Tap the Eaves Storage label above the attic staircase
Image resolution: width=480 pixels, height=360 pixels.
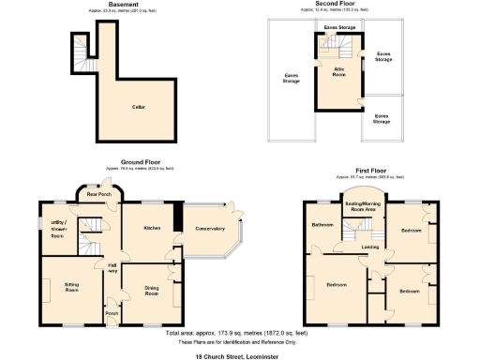click(338, 28)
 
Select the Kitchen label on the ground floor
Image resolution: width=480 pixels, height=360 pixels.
click(153, 228)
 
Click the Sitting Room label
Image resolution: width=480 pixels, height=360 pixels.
click(65, 286)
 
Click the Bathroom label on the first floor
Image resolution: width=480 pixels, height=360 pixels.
click(323, 225)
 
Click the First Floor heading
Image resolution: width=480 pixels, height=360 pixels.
click(367, 171)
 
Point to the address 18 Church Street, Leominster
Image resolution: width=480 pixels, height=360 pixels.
click(239, 357)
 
